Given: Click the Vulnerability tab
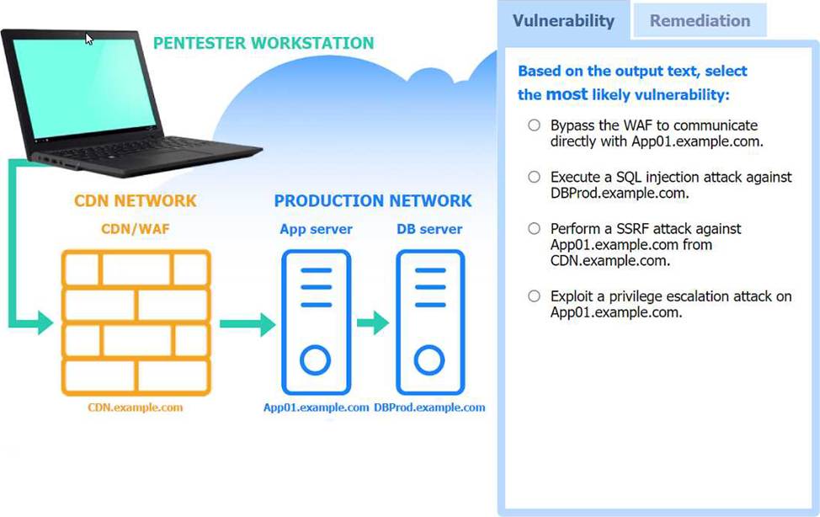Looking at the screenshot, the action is click(563, 21).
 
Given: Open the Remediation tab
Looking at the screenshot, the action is click(700, 21).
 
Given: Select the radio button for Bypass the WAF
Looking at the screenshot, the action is click(534, 125).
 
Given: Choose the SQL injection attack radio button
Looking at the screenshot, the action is click(534, 177).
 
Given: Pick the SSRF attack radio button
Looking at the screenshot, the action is click(534, 229).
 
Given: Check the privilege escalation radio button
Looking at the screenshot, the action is click(534, 296).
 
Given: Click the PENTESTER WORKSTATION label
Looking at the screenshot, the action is click(264, 43).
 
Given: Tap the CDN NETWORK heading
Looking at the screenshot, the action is click(136, 201).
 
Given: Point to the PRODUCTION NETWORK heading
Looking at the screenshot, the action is click(373, 201).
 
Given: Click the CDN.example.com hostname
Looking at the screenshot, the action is click(136, 408).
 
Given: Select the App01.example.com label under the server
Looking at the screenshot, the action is click(316, 408).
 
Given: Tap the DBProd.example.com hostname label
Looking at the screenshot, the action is click(429, 408).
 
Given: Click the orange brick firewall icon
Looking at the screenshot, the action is click(136, 322).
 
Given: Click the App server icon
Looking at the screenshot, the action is click(316, 322).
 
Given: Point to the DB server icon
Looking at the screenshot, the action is click(430, 322).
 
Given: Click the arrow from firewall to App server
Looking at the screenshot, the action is click(248, 324).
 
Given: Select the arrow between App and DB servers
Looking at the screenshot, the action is click(373, 322).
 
